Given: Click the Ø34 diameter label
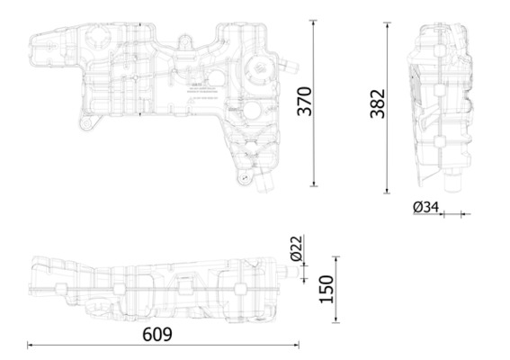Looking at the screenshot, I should (425, 208).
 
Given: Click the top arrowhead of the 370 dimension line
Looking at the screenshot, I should (314, 26).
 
